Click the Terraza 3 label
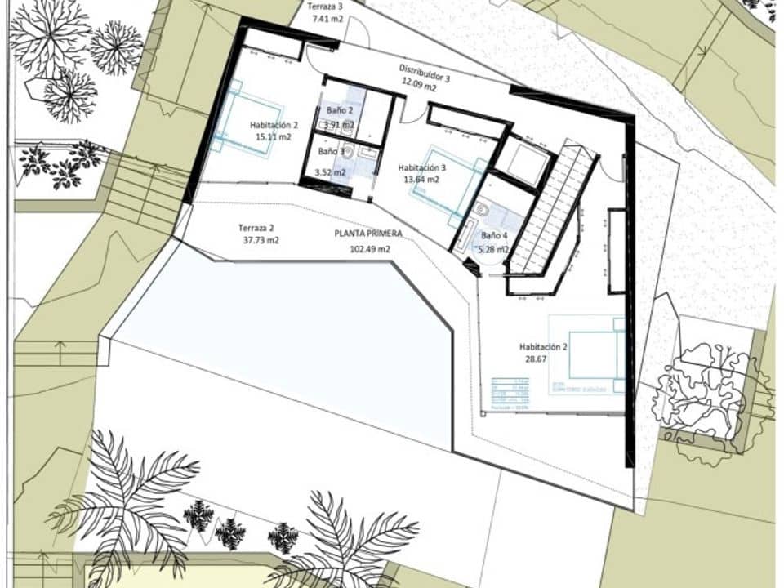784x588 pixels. coord(325,6)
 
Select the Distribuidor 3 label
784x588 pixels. coord(424,72)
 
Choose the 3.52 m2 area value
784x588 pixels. coord(331,172)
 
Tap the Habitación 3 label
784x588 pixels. coord(422,168)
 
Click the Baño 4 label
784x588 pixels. coord(493,237)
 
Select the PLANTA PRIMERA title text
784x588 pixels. coord(368,234)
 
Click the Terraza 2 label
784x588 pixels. coord(256,228)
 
